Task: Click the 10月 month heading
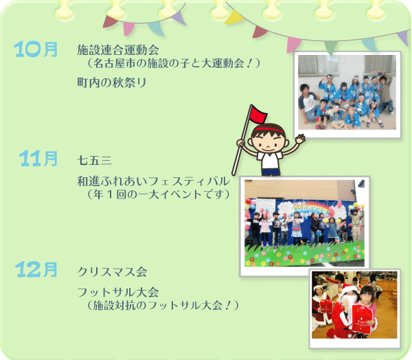[36, 49]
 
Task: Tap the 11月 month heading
[38, 159]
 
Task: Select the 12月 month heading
[36, 269]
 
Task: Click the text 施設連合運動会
[118, 49]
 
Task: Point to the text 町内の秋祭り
[112, 82]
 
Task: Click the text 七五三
[94, 160]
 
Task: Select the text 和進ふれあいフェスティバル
[153, 181]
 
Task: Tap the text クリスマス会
[112, 271]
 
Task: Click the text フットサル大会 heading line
[118, 292]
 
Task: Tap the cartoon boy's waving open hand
[300, 138]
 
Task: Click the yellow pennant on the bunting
[233, 17]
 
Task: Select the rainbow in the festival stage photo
[311, 206]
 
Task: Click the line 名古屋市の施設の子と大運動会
[173, 63]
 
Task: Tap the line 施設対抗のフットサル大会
[162, 305]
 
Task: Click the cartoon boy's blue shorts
[271, 172]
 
